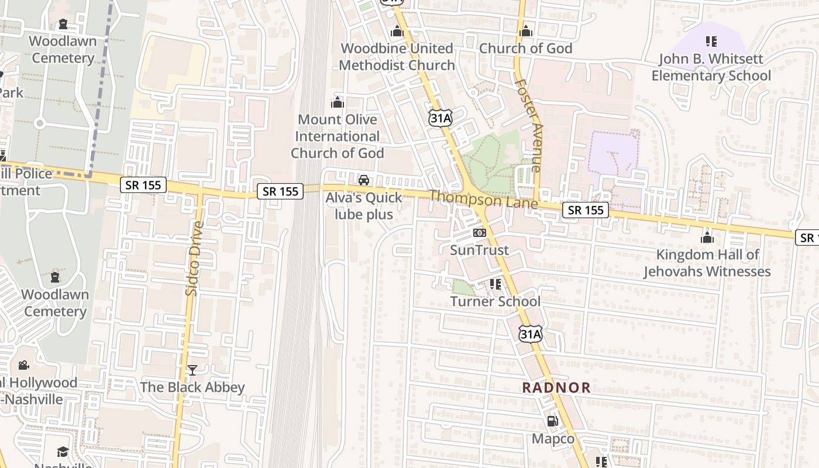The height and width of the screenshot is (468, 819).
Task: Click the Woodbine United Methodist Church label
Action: (397, 57)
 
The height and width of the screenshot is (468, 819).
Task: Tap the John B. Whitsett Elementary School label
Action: (711, 67)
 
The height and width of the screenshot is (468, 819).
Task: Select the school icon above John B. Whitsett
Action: (711, 42)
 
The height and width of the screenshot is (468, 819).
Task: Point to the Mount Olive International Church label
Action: (338, 136)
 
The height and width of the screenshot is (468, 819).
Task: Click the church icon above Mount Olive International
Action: (338, 102)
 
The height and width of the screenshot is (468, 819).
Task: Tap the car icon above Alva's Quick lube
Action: (364, 180)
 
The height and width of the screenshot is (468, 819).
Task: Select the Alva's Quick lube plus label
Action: (364, 206)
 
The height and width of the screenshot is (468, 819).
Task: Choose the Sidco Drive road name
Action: (194, 258)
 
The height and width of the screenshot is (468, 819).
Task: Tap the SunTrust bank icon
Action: (479, 233)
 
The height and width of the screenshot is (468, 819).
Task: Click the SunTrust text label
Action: (479, 250)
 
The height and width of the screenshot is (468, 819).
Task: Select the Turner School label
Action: (495, 302)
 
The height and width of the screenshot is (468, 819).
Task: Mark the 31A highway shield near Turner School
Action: (531, 334)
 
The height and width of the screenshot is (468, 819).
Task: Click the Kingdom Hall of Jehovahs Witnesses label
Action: (707, 263)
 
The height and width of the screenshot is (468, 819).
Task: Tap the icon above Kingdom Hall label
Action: (707, 238)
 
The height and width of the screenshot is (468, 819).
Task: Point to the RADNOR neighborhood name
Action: (556, 387)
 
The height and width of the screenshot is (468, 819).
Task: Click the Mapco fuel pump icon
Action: (552, 421)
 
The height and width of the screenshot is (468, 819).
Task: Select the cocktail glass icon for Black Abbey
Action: (192, 370)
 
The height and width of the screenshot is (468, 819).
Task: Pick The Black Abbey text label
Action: (192, 387)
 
